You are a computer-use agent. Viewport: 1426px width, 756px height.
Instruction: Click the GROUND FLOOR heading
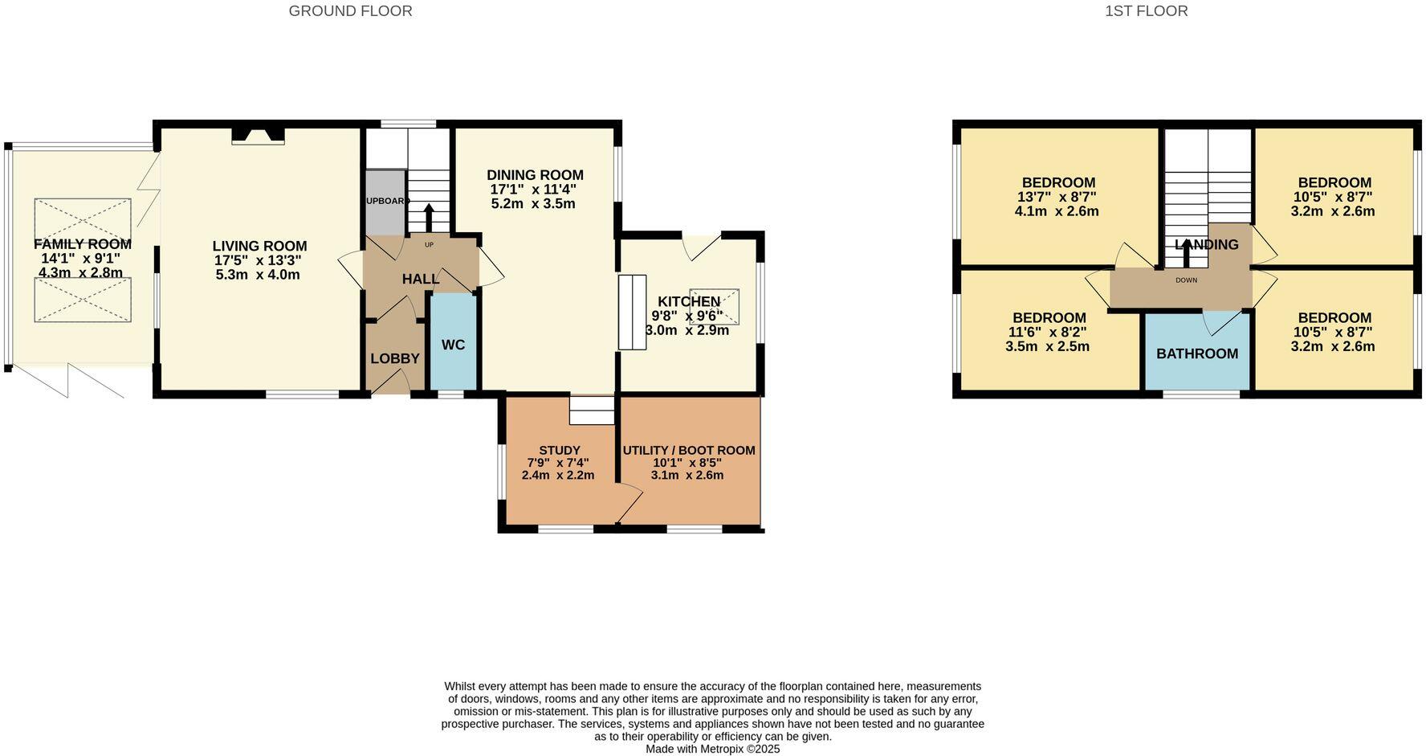tap(350, 11)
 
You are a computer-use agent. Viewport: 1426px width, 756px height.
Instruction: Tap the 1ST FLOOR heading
tap(1146, 11)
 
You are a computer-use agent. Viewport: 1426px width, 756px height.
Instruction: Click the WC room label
tap(453, 345)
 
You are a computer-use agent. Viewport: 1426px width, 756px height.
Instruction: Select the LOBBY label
tap(394, 358)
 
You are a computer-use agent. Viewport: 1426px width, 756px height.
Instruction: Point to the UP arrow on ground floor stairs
tap(428, 218)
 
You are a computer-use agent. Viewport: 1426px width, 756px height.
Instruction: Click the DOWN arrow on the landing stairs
tap(1187, 254)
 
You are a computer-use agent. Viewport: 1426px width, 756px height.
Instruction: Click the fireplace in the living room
tap(258, 136)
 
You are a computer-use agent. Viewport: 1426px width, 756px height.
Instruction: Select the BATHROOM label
tap(1196, 353)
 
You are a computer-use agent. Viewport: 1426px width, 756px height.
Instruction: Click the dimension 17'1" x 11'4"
tap(534, 190)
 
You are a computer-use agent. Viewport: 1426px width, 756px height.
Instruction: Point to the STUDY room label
tap(559, 450)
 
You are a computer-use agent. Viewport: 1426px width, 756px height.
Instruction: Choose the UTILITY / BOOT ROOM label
tap(689, 450)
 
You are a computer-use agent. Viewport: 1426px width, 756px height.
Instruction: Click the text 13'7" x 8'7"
tap(1057, 197)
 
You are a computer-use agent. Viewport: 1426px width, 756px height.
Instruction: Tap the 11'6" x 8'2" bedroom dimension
tap(1047, 332)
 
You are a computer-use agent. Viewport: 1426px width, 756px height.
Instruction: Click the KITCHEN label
tap(688, 301)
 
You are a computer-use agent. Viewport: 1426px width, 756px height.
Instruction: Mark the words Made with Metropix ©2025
tap(712, 749)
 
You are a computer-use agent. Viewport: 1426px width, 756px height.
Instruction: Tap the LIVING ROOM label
tap(259, 246)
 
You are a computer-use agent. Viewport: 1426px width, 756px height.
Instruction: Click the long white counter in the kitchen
tap(632, 312)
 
